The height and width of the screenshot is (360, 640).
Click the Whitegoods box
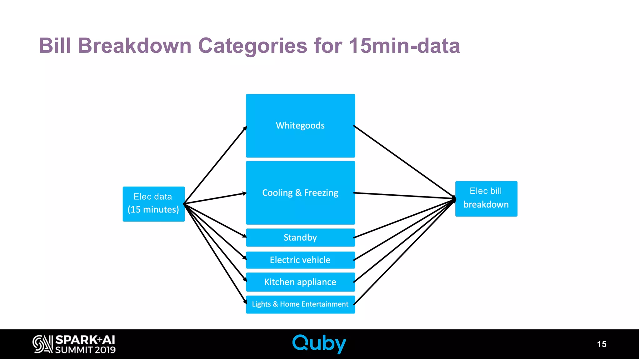(300, 126)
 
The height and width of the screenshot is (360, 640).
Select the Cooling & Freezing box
(300, 193)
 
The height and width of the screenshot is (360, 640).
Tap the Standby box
(300, 237)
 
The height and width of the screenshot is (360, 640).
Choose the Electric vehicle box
(300, 260)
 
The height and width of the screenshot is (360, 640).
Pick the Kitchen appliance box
(300, 282)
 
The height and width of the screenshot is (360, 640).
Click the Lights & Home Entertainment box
(300, 304)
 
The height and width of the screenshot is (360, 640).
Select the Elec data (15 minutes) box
(153, 204)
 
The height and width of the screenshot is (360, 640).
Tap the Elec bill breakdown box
(486, 198)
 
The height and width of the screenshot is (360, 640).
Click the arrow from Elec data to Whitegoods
(216, 165)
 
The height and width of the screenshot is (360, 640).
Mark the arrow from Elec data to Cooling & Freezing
(216, 198)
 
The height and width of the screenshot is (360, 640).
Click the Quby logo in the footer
(319, 344)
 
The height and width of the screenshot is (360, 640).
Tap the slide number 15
(601, 344)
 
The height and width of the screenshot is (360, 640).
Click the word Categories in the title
(252, 46)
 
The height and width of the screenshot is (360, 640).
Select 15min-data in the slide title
(404, 46)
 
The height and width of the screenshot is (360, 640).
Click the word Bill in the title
(55, 46)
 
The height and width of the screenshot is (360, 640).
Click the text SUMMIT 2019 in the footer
(85, 350)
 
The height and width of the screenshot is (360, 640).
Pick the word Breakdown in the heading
(134, 46)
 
